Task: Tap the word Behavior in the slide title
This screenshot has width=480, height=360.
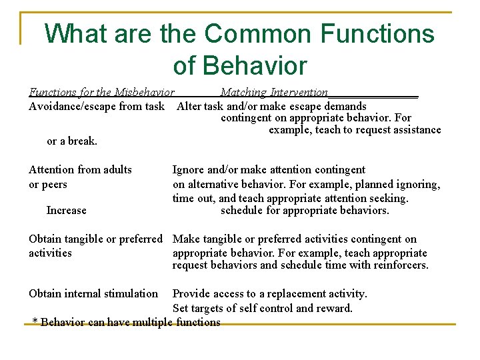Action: coord(239,65)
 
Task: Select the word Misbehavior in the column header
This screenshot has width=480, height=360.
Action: coord(144,93)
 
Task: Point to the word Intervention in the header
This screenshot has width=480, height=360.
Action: coord(299,93)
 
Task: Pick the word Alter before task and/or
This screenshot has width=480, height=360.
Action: coord(190,106)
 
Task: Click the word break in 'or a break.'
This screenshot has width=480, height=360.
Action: coord(83,141)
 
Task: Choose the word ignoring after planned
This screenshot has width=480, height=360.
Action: coord(418,185)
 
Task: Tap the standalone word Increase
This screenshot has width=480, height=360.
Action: coord(66,211)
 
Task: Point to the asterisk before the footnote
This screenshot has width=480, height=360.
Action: coord(35,323)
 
